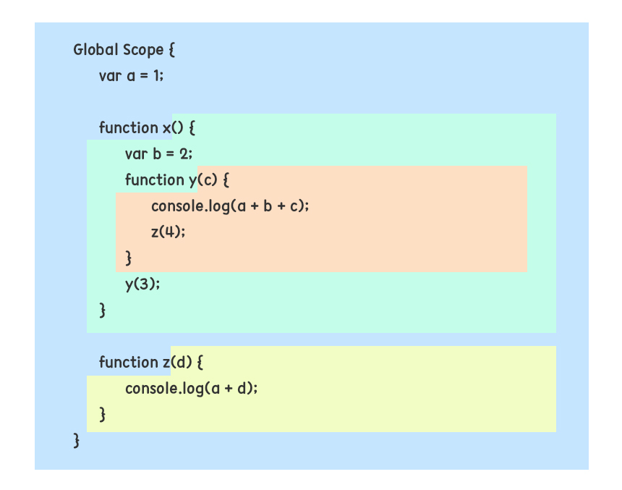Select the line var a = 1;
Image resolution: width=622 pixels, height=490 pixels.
click(x=132, y=75)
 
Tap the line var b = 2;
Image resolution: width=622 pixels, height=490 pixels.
click(x=159, y=153)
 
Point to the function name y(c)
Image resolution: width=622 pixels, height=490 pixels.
click(x=197, y=179)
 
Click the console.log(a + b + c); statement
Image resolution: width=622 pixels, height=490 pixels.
click(x=230, y=206)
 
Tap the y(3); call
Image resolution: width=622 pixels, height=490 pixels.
click(x=142, y=284)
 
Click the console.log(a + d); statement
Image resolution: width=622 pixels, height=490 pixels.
click(x=191, y=388)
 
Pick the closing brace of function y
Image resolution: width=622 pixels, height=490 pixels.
click(x=129, y=258)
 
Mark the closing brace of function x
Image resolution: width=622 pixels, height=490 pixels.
click(x=103, y=311)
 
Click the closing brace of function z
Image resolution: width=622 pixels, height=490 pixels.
click(x=103, y=415)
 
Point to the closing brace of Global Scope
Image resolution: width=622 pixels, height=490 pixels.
click(x=77, y=440)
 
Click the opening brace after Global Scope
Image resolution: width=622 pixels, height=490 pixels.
click(x=171, y=51)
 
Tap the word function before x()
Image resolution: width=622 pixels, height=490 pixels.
click(x=128, y=128)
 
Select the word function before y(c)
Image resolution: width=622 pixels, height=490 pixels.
click(x=154, y=179)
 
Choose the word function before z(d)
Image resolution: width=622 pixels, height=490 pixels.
click(x=128, y=362)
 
